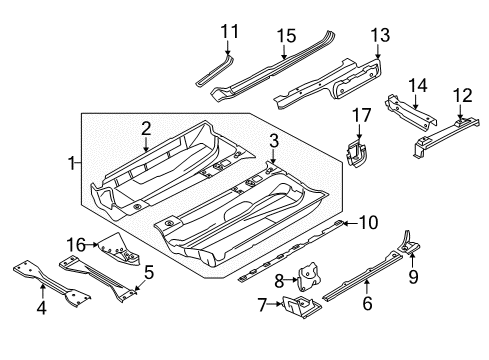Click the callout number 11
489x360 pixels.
(x=229, y=32)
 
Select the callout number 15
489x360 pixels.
(x=286, y=36)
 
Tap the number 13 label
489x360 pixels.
(x=380, y=35)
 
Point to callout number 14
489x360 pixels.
(x=418, y=86)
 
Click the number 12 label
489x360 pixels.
(x=462, y=95)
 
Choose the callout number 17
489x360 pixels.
(x=362, y=115)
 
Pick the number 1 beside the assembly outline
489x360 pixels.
(x=71, y=164)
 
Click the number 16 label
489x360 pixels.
(x=76, y=245)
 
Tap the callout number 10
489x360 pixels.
(x=368, y=222)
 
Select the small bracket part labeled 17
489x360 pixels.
(x=355, y=154)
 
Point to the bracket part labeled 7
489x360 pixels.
(x=302, y=306)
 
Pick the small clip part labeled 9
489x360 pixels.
(x=409, y=244)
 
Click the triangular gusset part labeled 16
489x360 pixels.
(x=120, y=250)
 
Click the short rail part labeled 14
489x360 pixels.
(x=411, y=112)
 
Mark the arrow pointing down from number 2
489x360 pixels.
(x=146, y=144)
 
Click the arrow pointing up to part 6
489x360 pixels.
(x=367, y=287)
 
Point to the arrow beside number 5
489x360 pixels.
(x=138, y=285)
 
